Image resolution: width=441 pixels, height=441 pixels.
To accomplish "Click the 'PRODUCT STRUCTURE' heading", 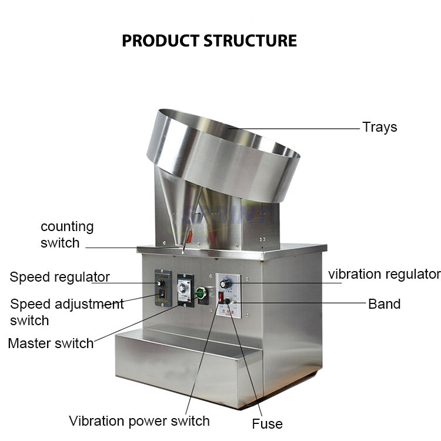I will [209, 41].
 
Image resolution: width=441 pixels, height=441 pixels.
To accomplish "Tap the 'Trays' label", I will [379, 127].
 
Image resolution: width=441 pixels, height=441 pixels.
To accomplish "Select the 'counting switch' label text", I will [66, 235].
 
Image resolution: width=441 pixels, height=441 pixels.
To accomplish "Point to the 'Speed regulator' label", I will [59, 277].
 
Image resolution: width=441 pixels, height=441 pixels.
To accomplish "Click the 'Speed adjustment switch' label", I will [66, 312].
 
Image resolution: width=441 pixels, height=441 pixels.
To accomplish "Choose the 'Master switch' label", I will [51, 343].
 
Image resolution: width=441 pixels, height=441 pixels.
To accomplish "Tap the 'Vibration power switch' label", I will [139, 421].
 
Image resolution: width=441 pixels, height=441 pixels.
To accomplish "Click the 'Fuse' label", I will [267, 423].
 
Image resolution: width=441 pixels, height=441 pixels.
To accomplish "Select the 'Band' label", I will [384, 304].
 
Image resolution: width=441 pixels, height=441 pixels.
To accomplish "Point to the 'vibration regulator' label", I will [384, 274].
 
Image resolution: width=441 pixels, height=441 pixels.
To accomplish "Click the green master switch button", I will [200, 292].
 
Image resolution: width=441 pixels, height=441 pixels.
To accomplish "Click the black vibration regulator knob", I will [223, 284].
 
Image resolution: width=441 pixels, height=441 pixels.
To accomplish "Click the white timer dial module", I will [186, 288].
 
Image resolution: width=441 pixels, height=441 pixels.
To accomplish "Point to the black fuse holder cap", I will [228, 301].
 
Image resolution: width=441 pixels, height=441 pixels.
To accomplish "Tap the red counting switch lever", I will [189, 236].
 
